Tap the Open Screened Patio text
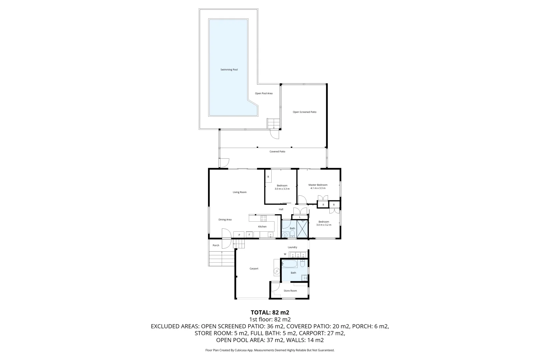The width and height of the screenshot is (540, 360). [304, 112]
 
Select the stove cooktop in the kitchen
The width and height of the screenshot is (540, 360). [263, 219]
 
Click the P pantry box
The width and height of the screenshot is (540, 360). [239, 235]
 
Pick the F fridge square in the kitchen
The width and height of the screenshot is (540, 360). [249, 235]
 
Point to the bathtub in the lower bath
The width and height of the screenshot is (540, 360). [290, 264]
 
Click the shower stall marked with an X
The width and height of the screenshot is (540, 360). [302, 228]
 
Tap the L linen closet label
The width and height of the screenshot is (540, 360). [300, 217]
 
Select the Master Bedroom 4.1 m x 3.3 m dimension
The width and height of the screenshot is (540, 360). [318, 188]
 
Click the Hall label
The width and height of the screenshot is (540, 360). [281, 209]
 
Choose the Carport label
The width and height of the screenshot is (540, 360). [254, 269]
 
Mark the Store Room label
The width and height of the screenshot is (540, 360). [290, 291]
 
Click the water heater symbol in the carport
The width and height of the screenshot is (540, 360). [277, 272]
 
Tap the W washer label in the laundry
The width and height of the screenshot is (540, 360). [285, 254]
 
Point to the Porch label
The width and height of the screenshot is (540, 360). [216, 245]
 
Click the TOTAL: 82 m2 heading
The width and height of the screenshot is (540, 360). [270, 313]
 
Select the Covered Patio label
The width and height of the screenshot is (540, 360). [277, 152]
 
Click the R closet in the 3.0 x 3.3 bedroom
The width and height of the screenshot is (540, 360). [268, 177]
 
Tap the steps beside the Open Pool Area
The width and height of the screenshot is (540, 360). [273, 123]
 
